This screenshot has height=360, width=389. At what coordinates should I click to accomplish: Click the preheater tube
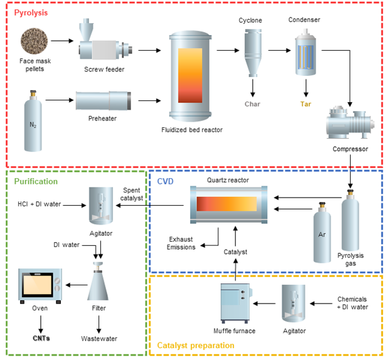point(103,100)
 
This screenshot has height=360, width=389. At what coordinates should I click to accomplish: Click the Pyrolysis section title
point(29,12)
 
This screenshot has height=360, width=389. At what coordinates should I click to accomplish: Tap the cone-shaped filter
point(98,285)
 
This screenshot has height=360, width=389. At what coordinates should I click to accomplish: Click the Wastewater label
point(99,339)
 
